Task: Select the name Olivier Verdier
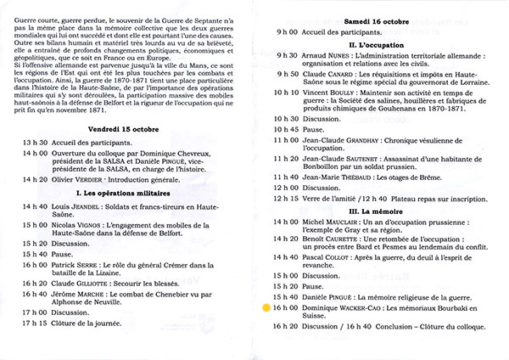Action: pyautogui.click(x=78, y=179)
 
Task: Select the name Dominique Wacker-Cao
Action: pyautogui.click(x=348, y=310)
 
